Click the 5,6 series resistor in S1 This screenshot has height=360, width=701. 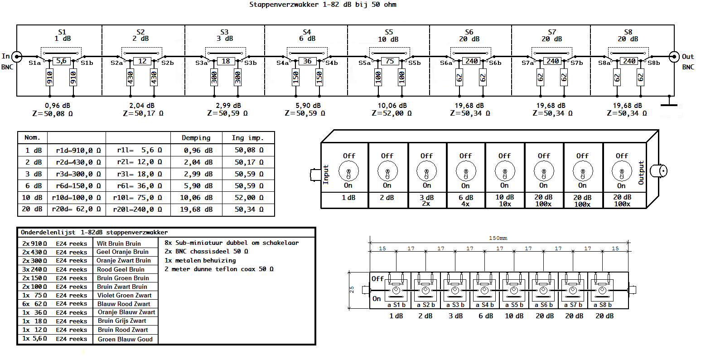tap(62, 61)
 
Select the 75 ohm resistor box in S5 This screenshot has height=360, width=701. tap(390, 61)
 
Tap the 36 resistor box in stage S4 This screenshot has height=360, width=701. tap(307, 61)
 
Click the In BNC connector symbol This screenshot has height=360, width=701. tap(17, 57)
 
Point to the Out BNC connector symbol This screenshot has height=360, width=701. tap(674, 57)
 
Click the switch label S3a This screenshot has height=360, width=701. tap(202, 63)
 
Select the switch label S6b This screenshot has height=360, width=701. tap(495, 63)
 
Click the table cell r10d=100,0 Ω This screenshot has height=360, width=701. tap(76, 198)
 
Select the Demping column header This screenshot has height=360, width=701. tap(196, 138)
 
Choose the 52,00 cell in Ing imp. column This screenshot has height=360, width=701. tap(248, 198)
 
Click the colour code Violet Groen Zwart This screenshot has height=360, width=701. tap(124, 295)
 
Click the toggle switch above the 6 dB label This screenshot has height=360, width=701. tap(466, 173)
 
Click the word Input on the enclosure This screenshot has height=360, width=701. tap(326, 174)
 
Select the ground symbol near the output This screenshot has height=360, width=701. tap(669, 104)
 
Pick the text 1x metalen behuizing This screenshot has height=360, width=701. tap(200, 260)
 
